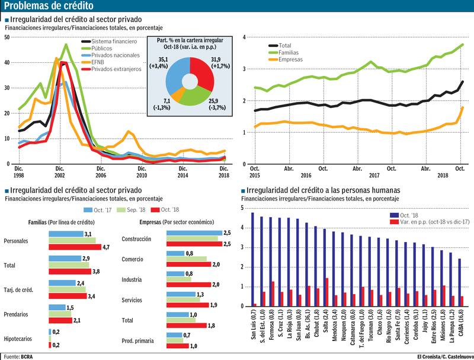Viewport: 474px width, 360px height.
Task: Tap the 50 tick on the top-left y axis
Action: [x=7, y=37]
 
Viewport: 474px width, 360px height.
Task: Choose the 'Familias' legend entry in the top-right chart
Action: [x=290, y=52]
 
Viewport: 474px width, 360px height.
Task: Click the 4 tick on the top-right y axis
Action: [x=244, y=37]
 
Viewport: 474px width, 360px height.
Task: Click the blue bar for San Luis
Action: [x=253, y=259]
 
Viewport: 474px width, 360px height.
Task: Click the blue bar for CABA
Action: [x=460, y=282]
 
